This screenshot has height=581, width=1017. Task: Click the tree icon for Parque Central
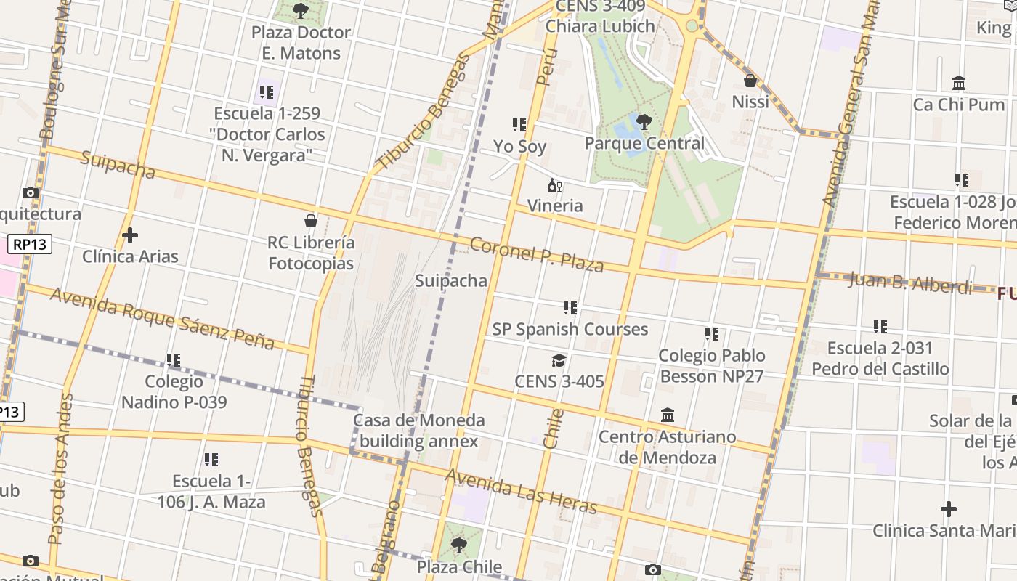[644, 121]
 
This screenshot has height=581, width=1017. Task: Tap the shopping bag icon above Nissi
[750, 80]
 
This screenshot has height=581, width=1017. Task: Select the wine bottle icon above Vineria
[555, 185]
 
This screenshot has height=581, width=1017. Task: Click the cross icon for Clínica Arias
[130, 235]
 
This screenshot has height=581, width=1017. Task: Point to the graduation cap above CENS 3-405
[559, 360]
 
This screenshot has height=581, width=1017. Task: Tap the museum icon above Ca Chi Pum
[959, 84]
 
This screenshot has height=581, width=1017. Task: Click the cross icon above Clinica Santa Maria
[948, 509]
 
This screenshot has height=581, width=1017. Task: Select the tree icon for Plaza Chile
[458, 545]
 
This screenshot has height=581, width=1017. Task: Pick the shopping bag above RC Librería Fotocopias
[311, 221]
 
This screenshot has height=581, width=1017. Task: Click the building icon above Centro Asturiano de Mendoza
[668, 415]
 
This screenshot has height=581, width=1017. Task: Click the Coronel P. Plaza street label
[537, 254]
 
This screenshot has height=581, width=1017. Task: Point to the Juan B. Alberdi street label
[909, 283]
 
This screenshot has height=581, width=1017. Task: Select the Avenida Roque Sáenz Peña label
[162, 317]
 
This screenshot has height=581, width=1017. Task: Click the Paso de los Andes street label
[60, 469]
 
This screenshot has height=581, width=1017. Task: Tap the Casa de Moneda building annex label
[418, 431]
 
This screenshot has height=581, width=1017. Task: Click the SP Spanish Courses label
[570, 329]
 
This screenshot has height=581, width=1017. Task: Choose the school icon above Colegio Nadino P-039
[173, 360]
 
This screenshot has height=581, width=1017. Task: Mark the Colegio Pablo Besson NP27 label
[711, 365]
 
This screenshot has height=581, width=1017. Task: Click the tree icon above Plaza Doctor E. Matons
[300, 11]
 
